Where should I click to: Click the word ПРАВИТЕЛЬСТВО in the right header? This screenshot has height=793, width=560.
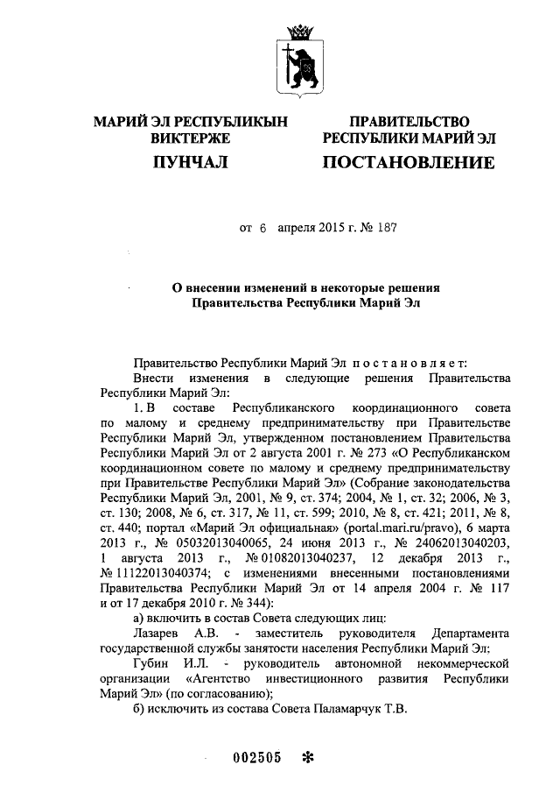pos(409,122)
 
